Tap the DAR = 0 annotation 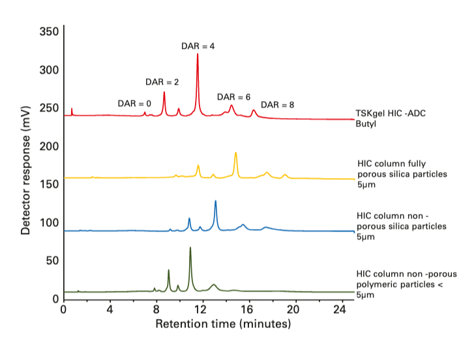click(134, 104)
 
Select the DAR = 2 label click(162, 82)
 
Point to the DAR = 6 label click(233, 97)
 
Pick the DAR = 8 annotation click(277, 105)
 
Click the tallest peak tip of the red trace click(198, 54)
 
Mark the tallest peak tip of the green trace click(190, 248)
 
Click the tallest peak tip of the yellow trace click(235, 153)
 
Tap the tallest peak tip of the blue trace click(216, 202)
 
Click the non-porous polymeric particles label click(400, 284)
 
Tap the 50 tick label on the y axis click(52, 261)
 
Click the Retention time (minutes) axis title click(222, 323)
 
